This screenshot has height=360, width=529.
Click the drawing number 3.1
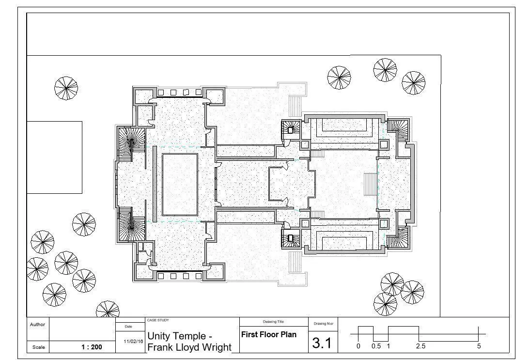(x=322, y=343)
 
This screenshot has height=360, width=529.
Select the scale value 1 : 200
(x=92, y=347)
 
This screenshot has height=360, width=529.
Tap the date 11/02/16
(x=133, y=342)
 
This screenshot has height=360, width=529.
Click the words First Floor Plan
(x=268, y=335)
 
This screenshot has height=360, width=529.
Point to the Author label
(x=37, y=324)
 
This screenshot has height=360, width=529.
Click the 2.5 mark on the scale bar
(x=420, y=346)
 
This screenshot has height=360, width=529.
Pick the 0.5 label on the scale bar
(x=376, y=346)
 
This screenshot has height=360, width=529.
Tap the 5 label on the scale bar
(x=479, y=346)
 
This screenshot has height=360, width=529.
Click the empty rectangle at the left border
(x=54, y=157)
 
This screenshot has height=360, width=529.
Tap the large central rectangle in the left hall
(x=180, y=185)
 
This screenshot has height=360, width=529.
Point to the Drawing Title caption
(x=273, y=322)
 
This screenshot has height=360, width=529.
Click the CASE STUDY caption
(x=158, y=320)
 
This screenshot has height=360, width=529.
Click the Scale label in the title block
(x=38, y=347)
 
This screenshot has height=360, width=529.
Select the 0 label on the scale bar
(x=358, y=346)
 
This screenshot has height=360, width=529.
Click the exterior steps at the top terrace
(x=295, y=106)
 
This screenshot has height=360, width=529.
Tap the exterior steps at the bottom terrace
(x=295, y=263)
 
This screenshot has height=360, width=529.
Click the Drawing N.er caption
(x=323, y=324)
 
